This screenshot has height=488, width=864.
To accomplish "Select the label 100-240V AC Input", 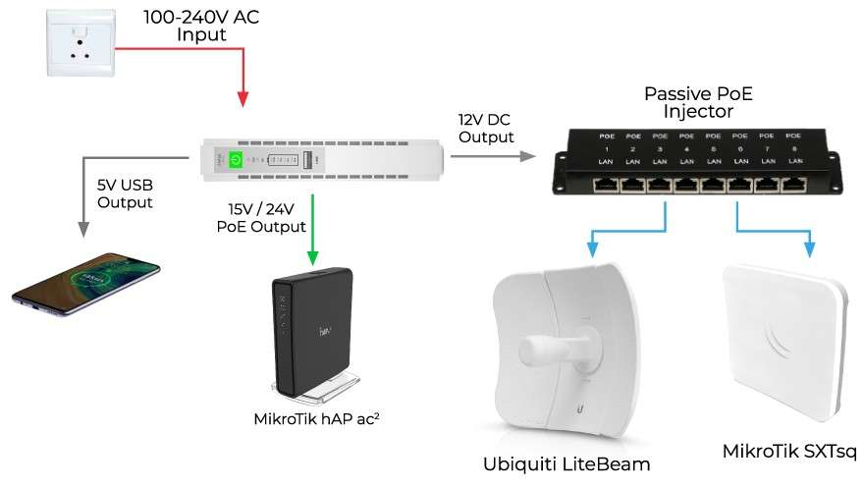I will click(200, 26).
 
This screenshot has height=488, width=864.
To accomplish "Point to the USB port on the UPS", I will click(307, 159).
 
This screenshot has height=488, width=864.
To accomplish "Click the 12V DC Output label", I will click(485, 128).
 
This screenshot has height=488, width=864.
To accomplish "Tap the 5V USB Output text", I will click(125, 193).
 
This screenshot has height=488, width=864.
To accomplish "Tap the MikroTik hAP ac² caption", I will click(316, 420).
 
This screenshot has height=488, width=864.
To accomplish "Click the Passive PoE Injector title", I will click(697, 102).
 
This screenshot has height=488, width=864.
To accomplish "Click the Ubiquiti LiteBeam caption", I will click(567, 463).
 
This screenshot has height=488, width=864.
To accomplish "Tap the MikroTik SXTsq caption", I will click(787, 452).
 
